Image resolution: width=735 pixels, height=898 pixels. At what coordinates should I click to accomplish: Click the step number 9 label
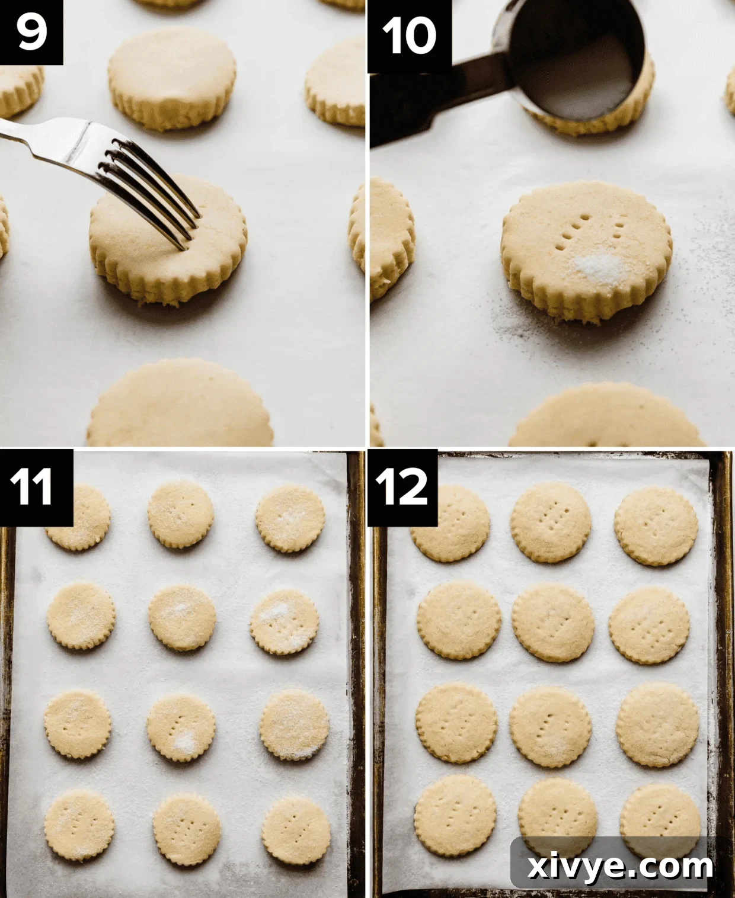pos(31,31)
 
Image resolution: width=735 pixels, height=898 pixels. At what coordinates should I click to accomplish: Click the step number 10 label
pos(409,36)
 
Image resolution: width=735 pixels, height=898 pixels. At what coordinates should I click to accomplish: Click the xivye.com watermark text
pos(619,866)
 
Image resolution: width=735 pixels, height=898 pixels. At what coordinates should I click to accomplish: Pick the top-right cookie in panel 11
pos(290,519)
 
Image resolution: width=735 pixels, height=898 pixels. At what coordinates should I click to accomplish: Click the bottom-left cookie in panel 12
pos(455,815)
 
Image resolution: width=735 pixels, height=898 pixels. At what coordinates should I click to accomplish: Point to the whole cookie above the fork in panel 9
pos(172,77)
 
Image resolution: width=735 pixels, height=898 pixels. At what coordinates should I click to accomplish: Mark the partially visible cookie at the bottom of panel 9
pos(181,406)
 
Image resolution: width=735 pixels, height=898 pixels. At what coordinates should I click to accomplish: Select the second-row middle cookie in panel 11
pos(182,618)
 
